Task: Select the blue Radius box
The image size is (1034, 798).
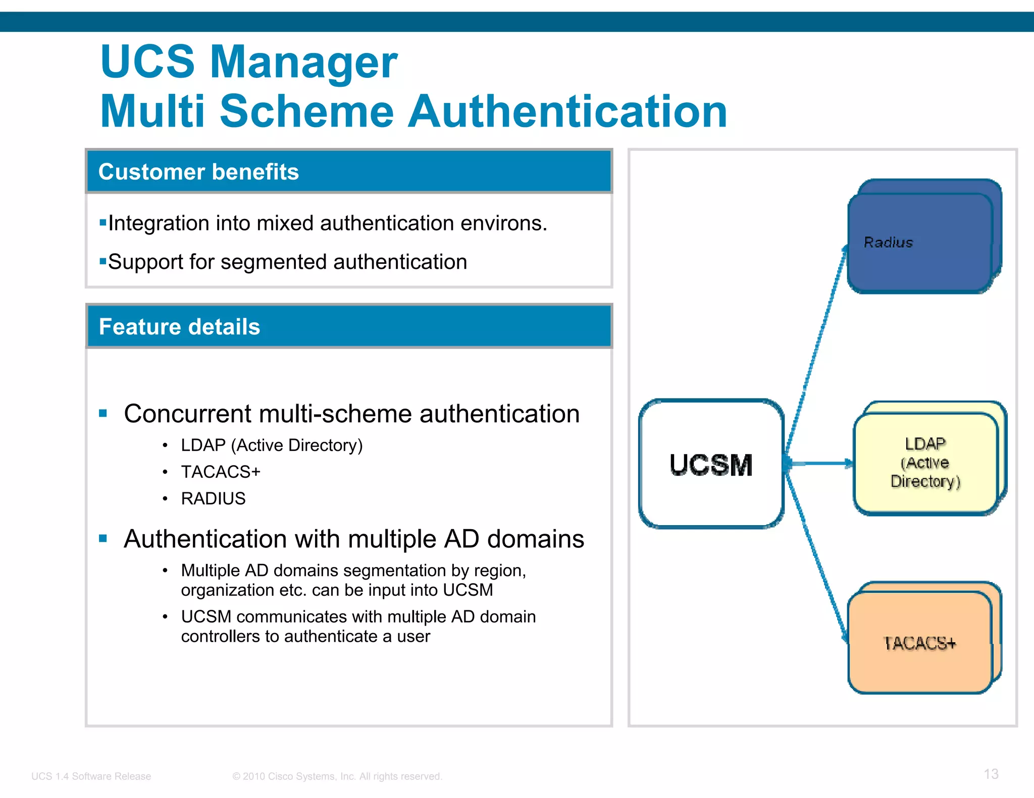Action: [920, 243]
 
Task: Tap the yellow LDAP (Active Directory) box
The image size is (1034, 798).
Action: [925, 463]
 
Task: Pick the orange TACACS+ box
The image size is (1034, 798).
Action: [920, 643]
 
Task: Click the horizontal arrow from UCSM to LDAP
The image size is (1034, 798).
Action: [819, 463]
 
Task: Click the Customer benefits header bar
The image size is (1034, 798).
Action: [349, 172]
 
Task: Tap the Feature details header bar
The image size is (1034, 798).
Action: [349, 326]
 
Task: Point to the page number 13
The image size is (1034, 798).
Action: [991, 774]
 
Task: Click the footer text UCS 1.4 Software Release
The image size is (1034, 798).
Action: [91, 776]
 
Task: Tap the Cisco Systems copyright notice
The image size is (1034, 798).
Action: [337, 776]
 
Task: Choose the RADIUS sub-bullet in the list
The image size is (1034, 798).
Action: [213, 498]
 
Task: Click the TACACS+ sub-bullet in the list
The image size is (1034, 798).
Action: [221, 472]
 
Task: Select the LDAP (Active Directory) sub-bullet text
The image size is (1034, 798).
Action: [272, 445]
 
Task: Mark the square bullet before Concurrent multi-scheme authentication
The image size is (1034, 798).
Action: [104, 414]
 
